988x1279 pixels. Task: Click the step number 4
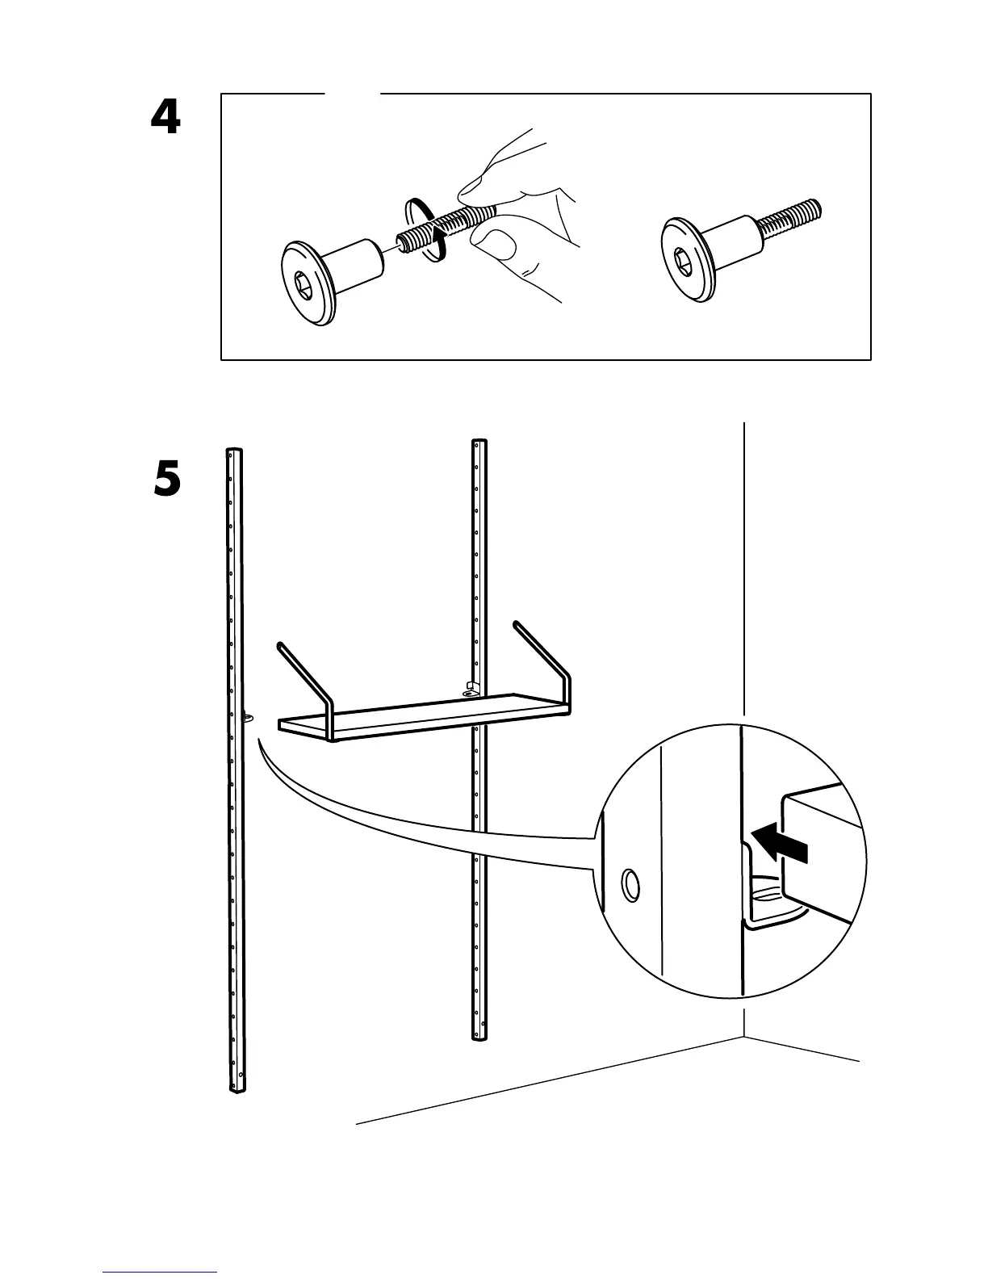click(165, 119)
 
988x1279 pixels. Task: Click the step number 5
click(167, 480)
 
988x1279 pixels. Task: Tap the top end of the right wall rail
click(479, 444)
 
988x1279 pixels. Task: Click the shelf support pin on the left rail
click(248, 715)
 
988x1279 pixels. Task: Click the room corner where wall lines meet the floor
click(743, 1036)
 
